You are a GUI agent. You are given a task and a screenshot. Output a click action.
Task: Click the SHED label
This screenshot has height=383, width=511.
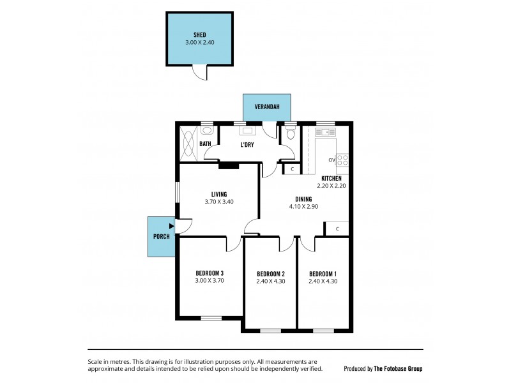tap(200, 34)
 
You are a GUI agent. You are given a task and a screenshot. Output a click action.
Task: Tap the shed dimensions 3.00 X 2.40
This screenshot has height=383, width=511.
tap(200, 43)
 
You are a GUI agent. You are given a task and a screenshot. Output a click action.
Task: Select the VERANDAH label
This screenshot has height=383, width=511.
tap(266, 107)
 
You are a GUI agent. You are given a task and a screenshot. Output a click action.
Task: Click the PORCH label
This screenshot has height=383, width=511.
tap(162, 236)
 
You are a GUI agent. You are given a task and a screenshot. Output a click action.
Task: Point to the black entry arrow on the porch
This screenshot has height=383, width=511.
tap(171, 225)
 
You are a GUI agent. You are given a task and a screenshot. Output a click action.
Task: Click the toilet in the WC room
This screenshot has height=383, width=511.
tap(291, 134)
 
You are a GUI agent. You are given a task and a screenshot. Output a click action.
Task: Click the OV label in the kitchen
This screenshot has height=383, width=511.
tap(332, 160)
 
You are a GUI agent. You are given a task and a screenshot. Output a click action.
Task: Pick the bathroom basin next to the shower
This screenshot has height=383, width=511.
tap(206, 130)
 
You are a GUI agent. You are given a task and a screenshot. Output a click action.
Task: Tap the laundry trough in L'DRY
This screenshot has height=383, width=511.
tap(247, 131)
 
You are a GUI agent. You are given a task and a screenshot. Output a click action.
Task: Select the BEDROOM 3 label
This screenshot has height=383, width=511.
tap(210, 273)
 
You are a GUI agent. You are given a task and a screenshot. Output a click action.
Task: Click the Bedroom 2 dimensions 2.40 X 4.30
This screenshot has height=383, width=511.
tap(270, 281)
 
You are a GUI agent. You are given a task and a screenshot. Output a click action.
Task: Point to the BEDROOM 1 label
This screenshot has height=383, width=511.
tap(323, 273)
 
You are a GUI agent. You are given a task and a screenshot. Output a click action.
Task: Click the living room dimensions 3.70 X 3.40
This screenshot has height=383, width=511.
tap(220, 202)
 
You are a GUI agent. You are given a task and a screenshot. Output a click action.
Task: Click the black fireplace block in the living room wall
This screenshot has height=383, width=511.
tap(229, 166)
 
